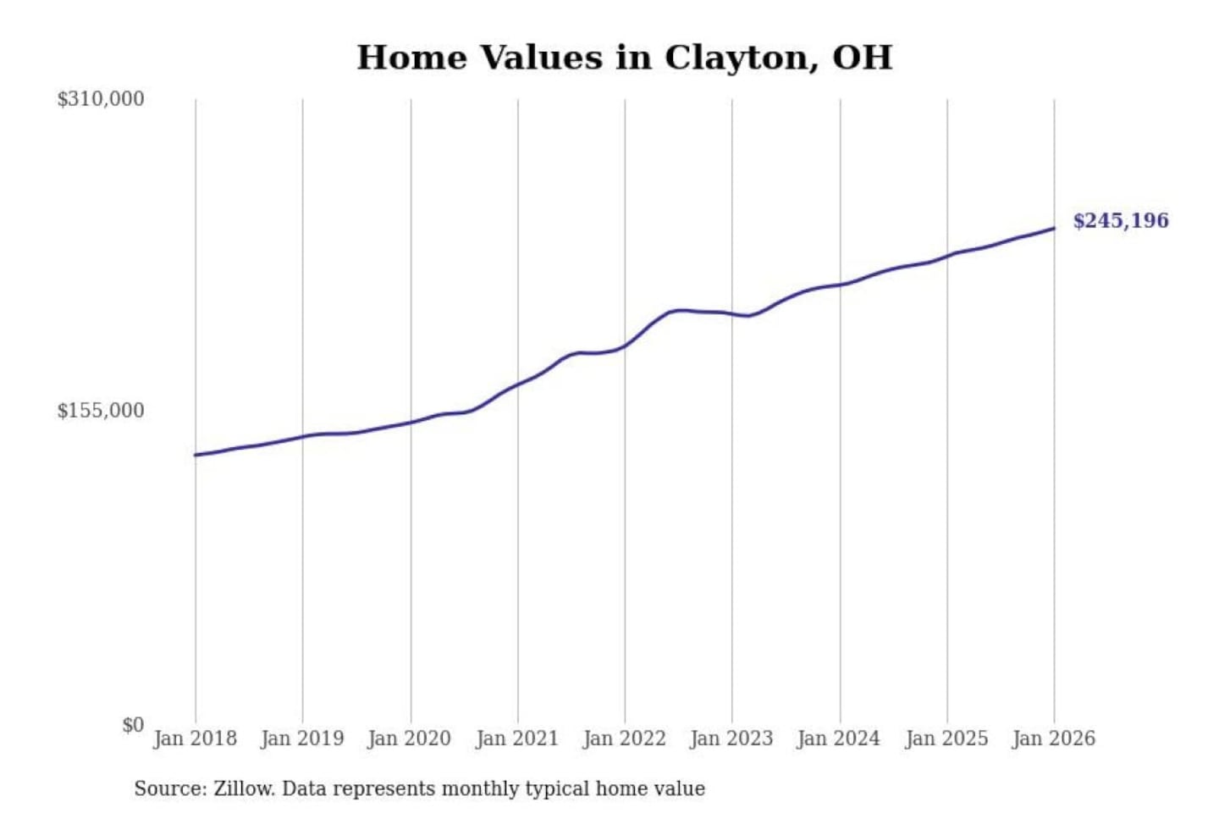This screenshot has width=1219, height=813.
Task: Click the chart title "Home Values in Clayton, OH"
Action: tap(624, 58)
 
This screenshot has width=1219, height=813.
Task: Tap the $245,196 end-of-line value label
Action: tap(1120, 221)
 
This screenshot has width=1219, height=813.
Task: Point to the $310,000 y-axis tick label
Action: tap(101, 99)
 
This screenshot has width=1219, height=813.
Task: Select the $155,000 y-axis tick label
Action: tap(101, 411)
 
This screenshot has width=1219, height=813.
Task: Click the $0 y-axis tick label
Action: tap(133, 725)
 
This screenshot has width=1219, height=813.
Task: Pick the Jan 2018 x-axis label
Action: tap(195, 738)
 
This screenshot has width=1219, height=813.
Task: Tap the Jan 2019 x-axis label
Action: tap(302, 738)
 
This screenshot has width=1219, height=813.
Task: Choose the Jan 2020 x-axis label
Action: tap(410, 738)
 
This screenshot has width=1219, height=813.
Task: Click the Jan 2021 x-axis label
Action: tap(517, 738)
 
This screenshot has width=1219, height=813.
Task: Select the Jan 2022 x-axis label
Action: tap(625, 738)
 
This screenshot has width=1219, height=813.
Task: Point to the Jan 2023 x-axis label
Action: tap(731, 738)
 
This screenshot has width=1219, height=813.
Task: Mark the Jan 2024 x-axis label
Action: tap(839, 738)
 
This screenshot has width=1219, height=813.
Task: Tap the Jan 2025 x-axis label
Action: tap(946, 738)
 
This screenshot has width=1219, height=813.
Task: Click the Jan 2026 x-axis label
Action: tap(1054, 738)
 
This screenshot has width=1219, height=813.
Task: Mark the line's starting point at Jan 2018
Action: tap(196, 455)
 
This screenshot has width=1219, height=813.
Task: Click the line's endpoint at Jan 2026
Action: tap(1054, 228)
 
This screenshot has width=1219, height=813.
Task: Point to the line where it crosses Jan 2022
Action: tap(626, 345)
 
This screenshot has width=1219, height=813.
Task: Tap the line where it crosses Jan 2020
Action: tap(411, 422)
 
